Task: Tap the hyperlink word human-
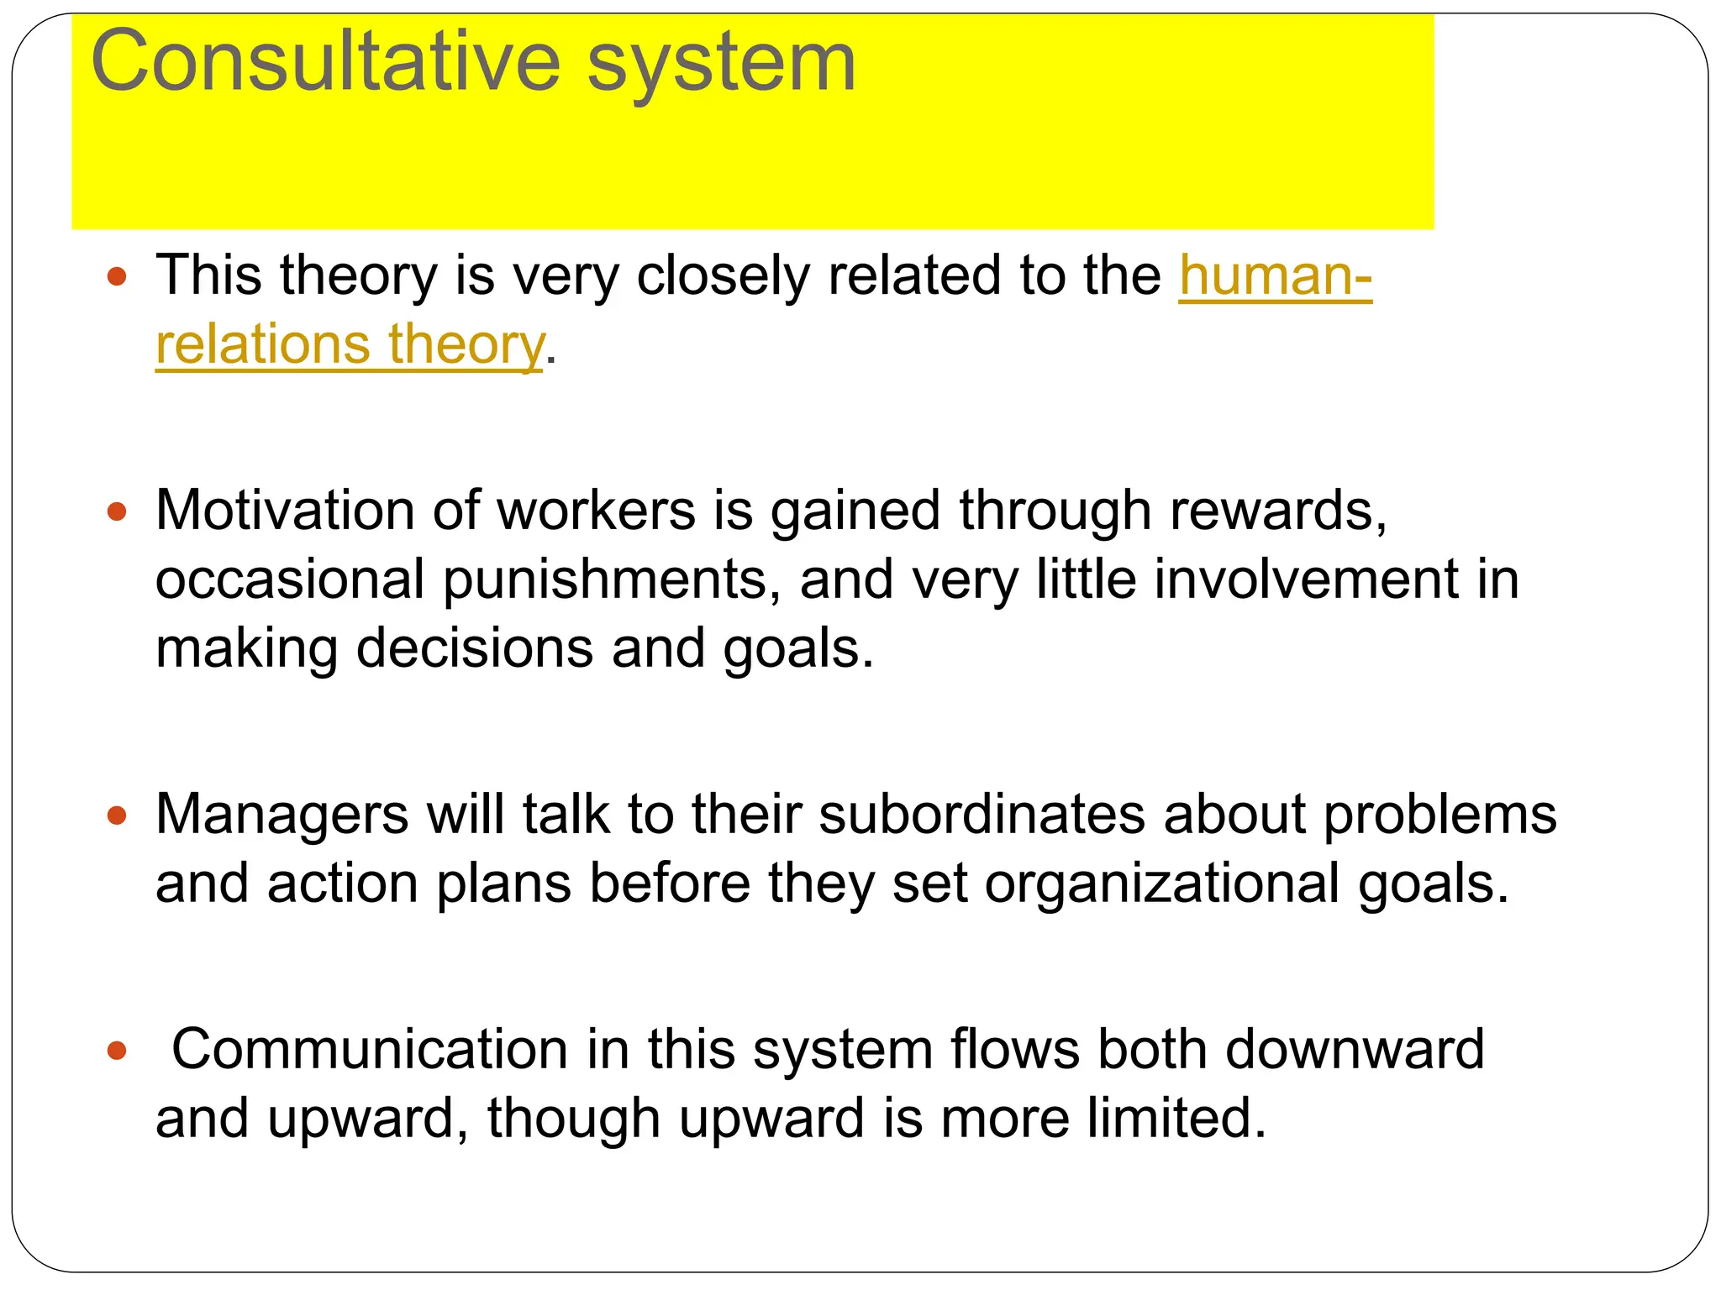[1275, 275]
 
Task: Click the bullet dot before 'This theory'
[118, 276]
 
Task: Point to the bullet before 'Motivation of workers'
[118, 511]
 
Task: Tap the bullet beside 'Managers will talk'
[118, 815]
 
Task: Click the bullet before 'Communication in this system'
[118, 1050]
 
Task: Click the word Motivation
[285, 511]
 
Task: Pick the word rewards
[1277, 511]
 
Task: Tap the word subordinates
[982, 815]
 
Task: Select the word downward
[1355, 1050]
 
